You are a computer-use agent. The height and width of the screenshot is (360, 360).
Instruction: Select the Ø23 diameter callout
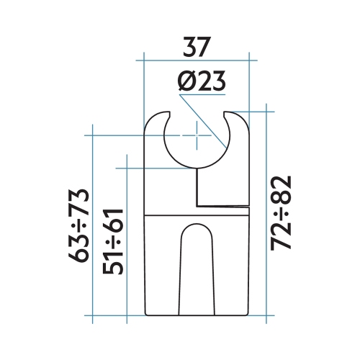(202, 82)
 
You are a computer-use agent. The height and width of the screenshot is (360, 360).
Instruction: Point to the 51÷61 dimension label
(115, 241)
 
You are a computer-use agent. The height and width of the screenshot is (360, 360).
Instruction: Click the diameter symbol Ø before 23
(185, 82)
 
